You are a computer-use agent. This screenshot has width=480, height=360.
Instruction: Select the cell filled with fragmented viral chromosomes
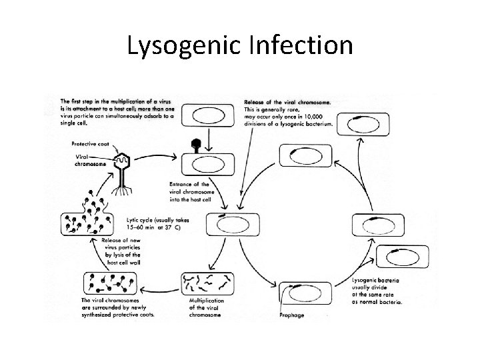click(x=209, y=286)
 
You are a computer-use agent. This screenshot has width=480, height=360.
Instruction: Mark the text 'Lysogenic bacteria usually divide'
click(x=377, y=289)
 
